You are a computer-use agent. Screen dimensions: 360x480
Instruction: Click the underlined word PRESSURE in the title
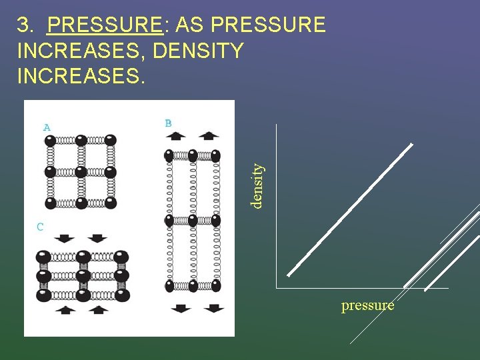coord(105,25)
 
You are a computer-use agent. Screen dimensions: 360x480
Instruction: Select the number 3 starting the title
coord(24,25)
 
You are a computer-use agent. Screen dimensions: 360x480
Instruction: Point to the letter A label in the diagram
coord(47,127)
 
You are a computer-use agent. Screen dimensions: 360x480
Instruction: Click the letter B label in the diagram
coord(168,123)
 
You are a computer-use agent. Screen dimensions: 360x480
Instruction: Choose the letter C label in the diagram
coord(40,227)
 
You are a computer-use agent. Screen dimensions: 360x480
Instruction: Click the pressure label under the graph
coord(367,305)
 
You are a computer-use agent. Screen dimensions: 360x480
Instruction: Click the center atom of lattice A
coord(80,172)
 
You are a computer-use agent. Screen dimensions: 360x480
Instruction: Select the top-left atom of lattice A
coord(49,141)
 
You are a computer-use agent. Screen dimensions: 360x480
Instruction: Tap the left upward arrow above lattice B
coord(176,136)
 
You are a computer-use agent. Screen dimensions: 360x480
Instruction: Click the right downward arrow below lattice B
coord(214,308)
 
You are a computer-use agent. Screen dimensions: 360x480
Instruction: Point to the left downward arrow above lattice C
coord(65,238)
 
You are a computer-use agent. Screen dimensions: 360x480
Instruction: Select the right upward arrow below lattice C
coord(99,309)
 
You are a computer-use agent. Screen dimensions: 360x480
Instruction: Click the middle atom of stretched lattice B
coord(192,220)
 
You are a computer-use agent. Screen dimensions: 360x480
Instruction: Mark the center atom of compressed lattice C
coord(83,275)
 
